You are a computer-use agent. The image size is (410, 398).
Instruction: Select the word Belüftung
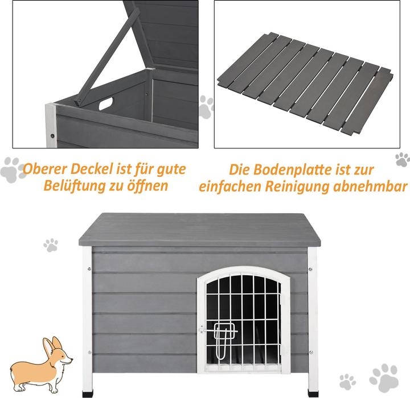coord(74,186)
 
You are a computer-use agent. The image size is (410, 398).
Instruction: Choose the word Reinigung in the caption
coord(316,186)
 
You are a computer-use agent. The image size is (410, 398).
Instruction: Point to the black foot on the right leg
coord(312,392)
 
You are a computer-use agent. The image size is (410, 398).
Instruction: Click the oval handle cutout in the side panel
coord(105,104)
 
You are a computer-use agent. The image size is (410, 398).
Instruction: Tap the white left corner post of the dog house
coord(87,318)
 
